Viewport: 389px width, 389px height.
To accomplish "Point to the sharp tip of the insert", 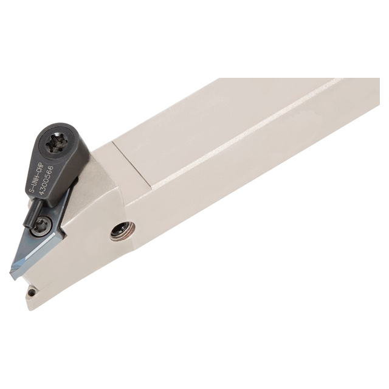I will [12, 276].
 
